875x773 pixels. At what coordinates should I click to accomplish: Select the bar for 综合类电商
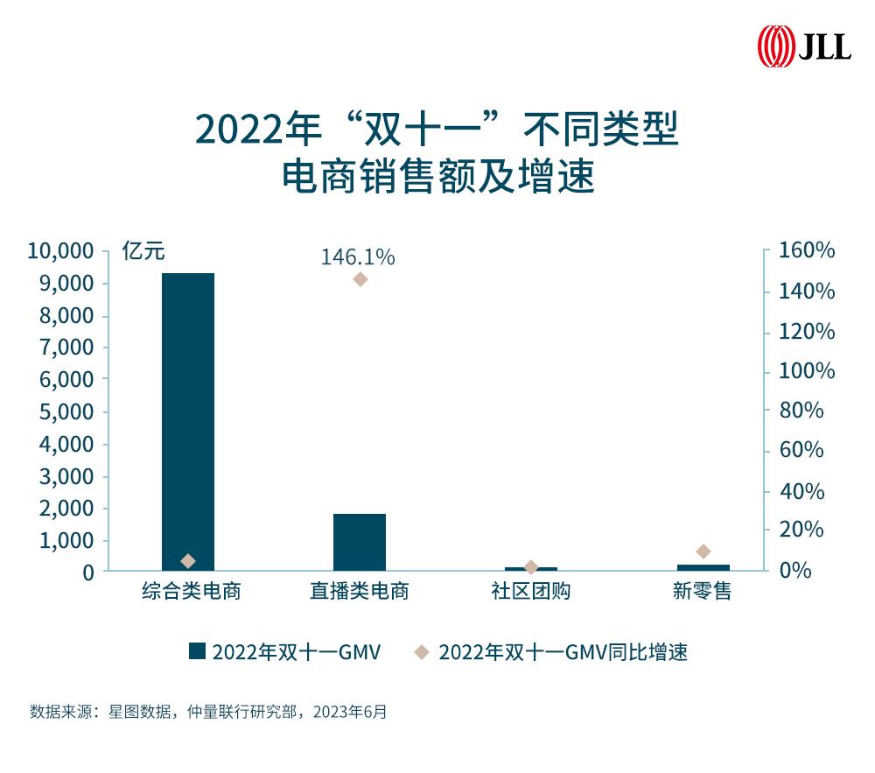tap(188, 420)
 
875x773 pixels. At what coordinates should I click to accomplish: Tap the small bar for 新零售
tap(703, 567)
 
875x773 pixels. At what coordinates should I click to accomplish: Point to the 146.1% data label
tap(358, 257)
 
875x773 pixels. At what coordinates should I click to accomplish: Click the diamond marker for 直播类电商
tap(360, 279)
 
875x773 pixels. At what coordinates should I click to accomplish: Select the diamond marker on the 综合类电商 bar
tap(188, 560)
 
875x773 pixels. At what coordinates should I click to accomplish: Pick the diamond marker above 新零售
tap(703, 551)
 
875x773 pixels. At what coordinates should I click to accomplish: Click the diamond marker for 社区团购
tap(530, 567)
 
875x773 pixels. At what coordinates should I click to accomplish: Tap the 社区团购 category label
tap(530, 592)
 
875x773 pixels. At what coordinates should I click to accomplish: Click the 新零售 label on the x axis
tap(702, 592)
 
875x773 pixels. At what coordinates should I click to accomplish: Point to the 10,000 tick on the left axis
tap(60, 251)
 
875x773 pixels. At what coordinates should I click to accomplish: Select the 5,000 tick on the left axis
tap(66, 411)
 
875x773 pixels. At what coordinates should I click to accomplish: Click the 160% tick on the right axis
tap(807, 251)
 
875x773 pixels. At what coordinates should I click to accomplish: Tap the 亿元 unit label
tap(143, 252)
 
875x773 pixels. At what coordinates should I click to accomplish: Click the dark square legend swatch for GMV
tap(197, 651)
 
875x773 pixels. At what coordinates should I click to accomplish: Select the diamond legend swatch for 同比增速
tap(422, 651)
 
